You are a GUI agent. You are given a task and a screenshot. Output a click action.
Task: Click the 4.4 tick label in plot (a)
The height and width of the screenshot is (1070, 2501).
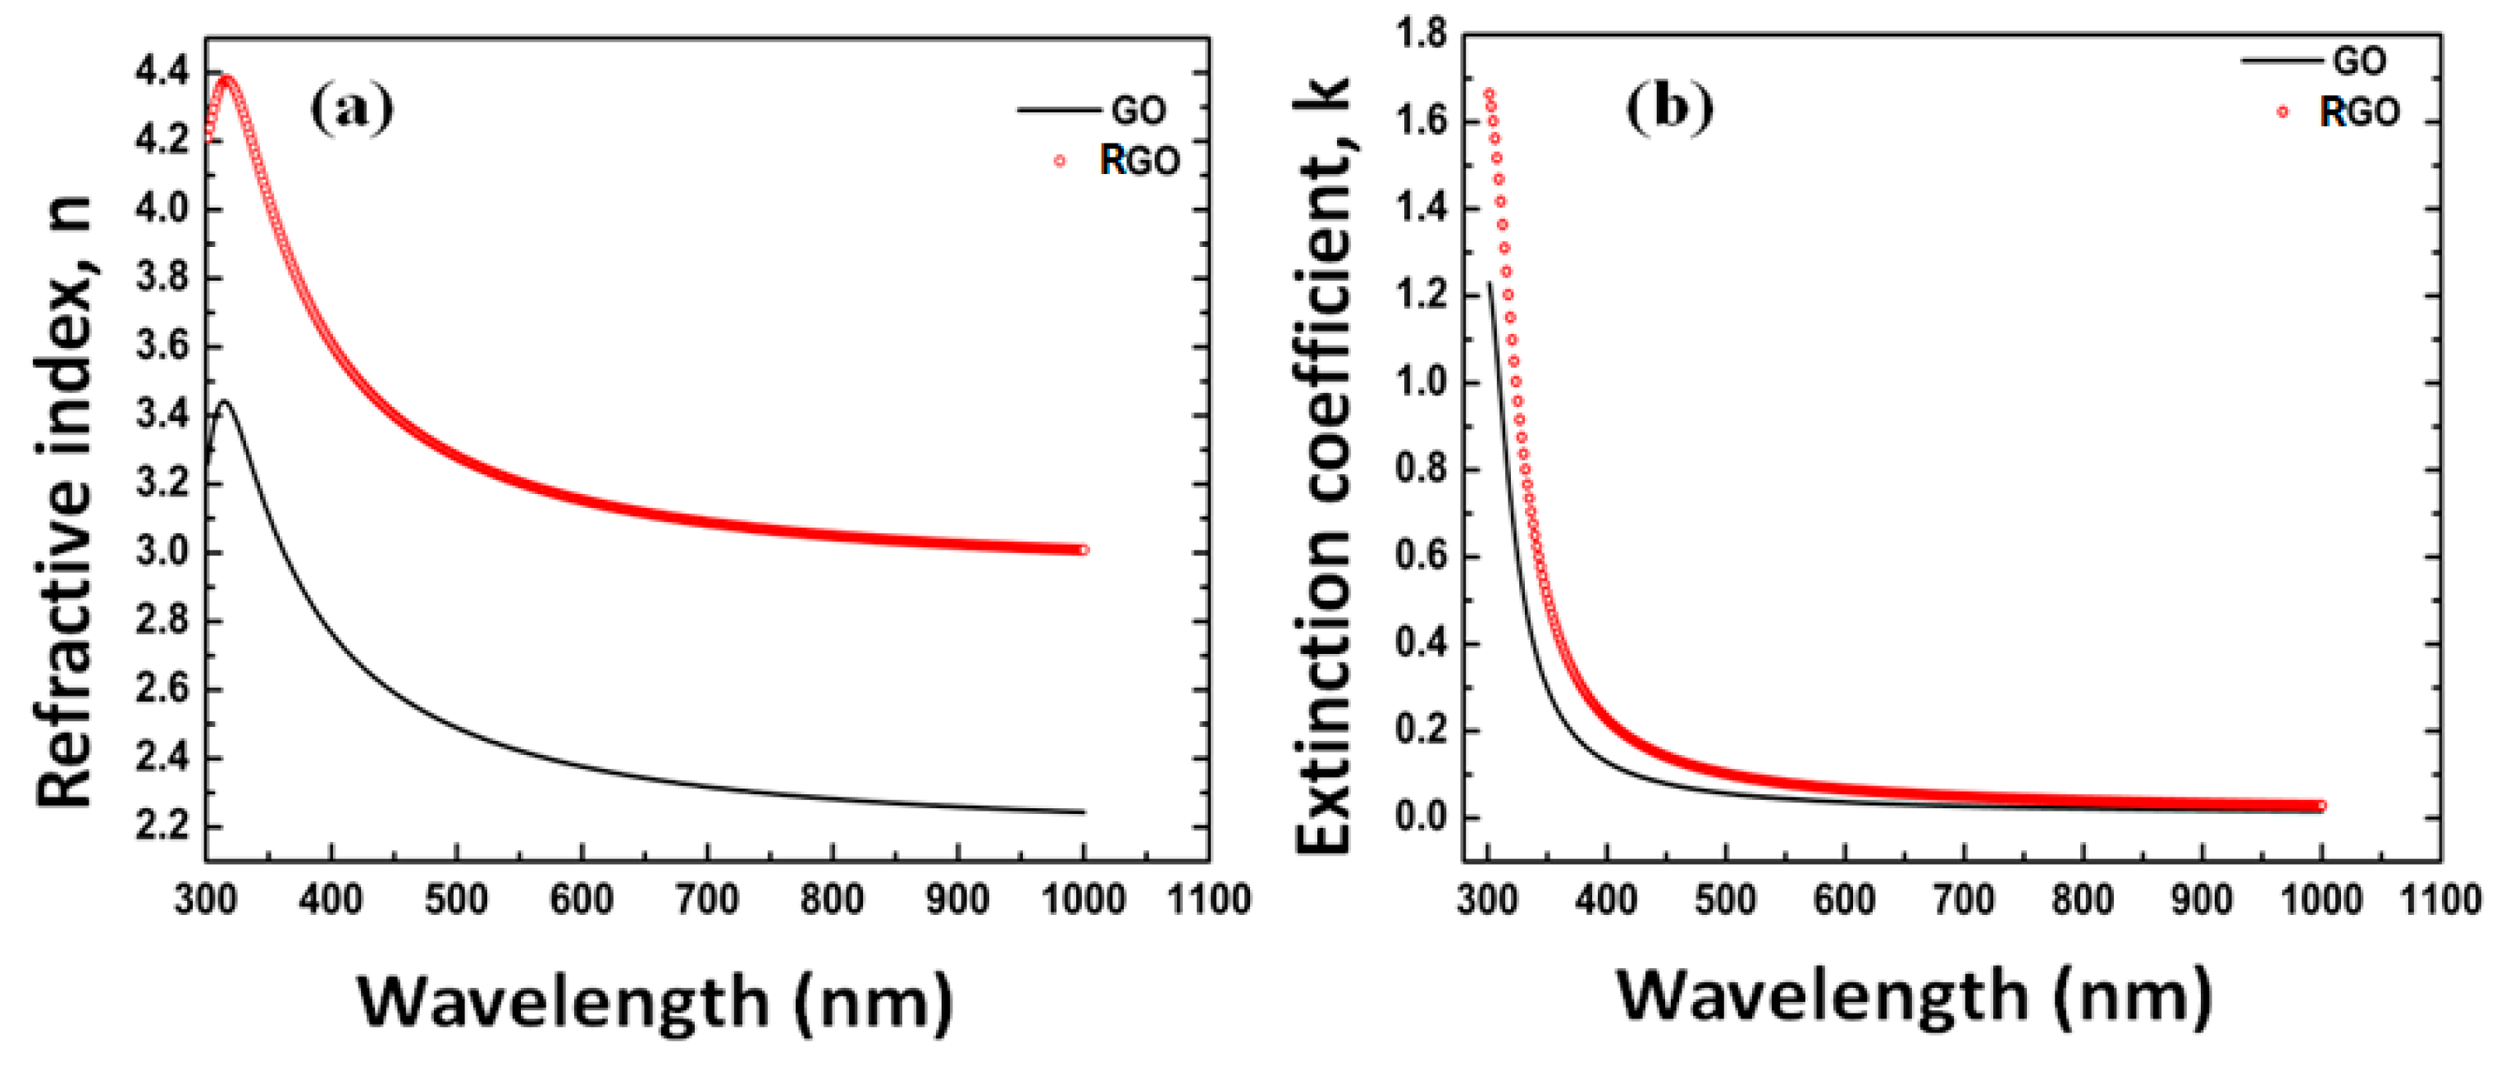click(162, 73)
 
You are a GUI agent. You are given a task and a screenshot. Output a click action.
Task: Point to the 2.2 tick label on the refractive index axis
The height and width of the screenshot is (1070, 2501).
click(162, 827)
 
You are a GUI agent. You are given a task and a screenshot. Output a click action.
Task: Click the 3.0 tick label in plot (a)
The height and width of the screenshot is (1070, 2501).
click(162, 552)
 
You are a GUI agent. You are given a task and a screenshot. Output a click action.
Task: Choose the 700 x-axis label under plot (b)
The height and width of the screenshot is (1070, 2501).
click(1963, 900)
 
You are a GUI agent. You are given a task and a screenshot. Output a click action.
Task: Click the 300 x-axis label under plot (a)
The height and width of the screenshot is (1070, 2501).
click(206, 900)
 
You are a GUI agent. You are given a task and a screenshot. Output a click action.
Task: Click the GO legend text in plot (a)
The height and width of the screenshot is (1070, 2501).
click(1138, 111)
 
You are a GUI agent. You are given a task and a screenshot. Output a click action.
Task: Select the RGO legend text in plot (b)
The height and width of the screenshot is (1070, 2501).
click(2359, 112)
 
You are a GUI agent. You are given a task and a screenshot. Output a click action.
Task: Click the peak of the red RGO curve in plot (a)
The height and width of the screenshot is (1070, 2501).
click(227, 80)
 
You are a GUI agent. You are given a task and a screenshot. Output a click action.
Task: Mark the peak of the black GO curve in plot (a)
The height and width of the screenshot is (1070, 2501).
click(226, 401)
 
